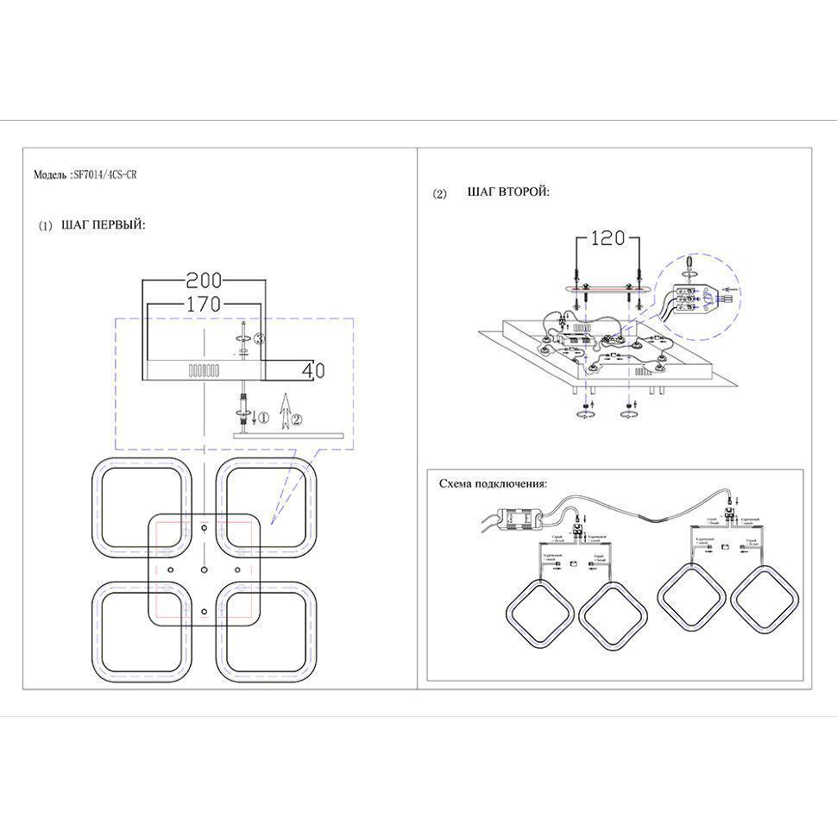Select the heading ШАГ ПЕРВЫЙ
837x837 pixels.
pos(104,225)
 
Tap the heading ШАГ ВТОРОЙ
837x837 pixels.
pos(507,192)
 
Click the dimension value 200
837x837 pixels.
pos(205,280)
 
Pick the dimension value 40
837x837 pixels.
pos(313,370)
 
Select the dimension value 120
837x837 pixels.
pos(607,238)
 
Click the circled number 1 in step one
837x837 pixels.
pos(264,418)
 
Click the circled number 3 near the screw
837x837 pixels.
pos(258,338)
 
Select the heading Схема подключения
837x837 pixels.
pos(493,484)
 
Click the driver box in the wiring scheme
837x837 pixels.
pos(523,519)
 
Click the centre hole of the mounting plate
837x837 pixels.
pos(204,570)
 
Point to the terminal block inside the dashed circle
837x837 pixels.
pos(692,293)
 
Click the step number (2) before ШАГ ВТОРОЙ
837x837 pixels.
pos(439,193)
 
